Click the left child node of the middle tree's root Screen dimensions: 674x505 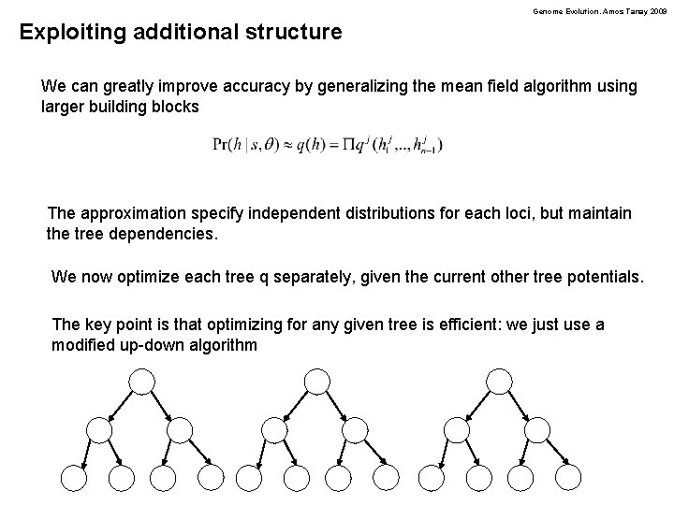click(275, 429)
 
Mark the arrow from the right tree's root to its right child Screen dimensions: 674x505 click(520, 403)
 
